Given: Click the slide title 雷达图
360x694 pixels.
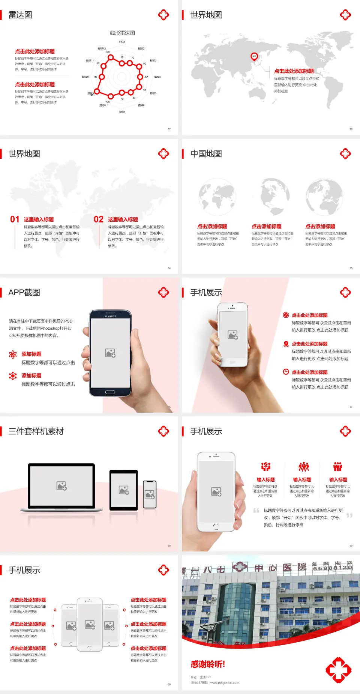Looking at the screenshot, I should click(20, 15).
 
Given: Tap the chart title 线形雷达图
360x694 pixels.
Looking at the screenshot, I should click(122, 33).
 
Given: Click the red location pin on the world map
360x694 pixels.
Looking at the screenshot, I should click(254, 57).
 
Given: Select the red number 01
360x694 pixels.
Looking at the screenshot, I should click(15, 219).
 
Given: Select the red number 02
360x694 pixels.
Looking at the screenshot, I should click(99, 219).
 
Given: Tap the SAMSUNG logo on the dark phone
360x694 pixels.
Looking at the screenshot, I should click(110, 316).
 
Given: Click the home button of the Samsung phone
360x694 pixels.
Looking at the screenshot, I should click(110, 392).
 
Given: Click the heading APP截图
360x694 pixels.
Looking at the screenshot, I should click(24, 293).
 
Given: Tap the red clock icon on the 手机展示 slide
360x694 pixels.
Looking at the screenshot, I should click(286, 372).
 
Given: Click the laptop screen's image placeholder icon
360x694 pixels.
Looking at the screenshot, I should click(61, 486).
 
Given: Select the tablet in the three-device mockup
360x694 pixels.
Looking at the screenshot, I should click(124, 490).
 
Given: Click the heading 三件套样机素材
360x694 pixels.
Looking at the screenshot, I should click(36, 431).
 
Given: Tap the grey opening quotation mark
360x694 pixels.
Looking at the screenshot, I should click(256, 511).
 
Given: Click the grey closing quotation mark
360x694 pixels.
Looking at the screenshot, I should click(349, 515).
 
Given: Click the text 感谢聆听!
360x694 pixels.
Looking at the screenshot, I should click(208, 664).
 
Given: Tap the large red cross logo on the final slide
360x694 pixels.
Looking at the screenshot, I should click(338, 670).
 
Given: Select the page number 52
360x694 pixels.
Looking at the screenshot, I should click(169, 129).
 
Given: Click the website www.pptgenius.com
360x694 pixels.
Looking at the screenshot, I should click(225, 683).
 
